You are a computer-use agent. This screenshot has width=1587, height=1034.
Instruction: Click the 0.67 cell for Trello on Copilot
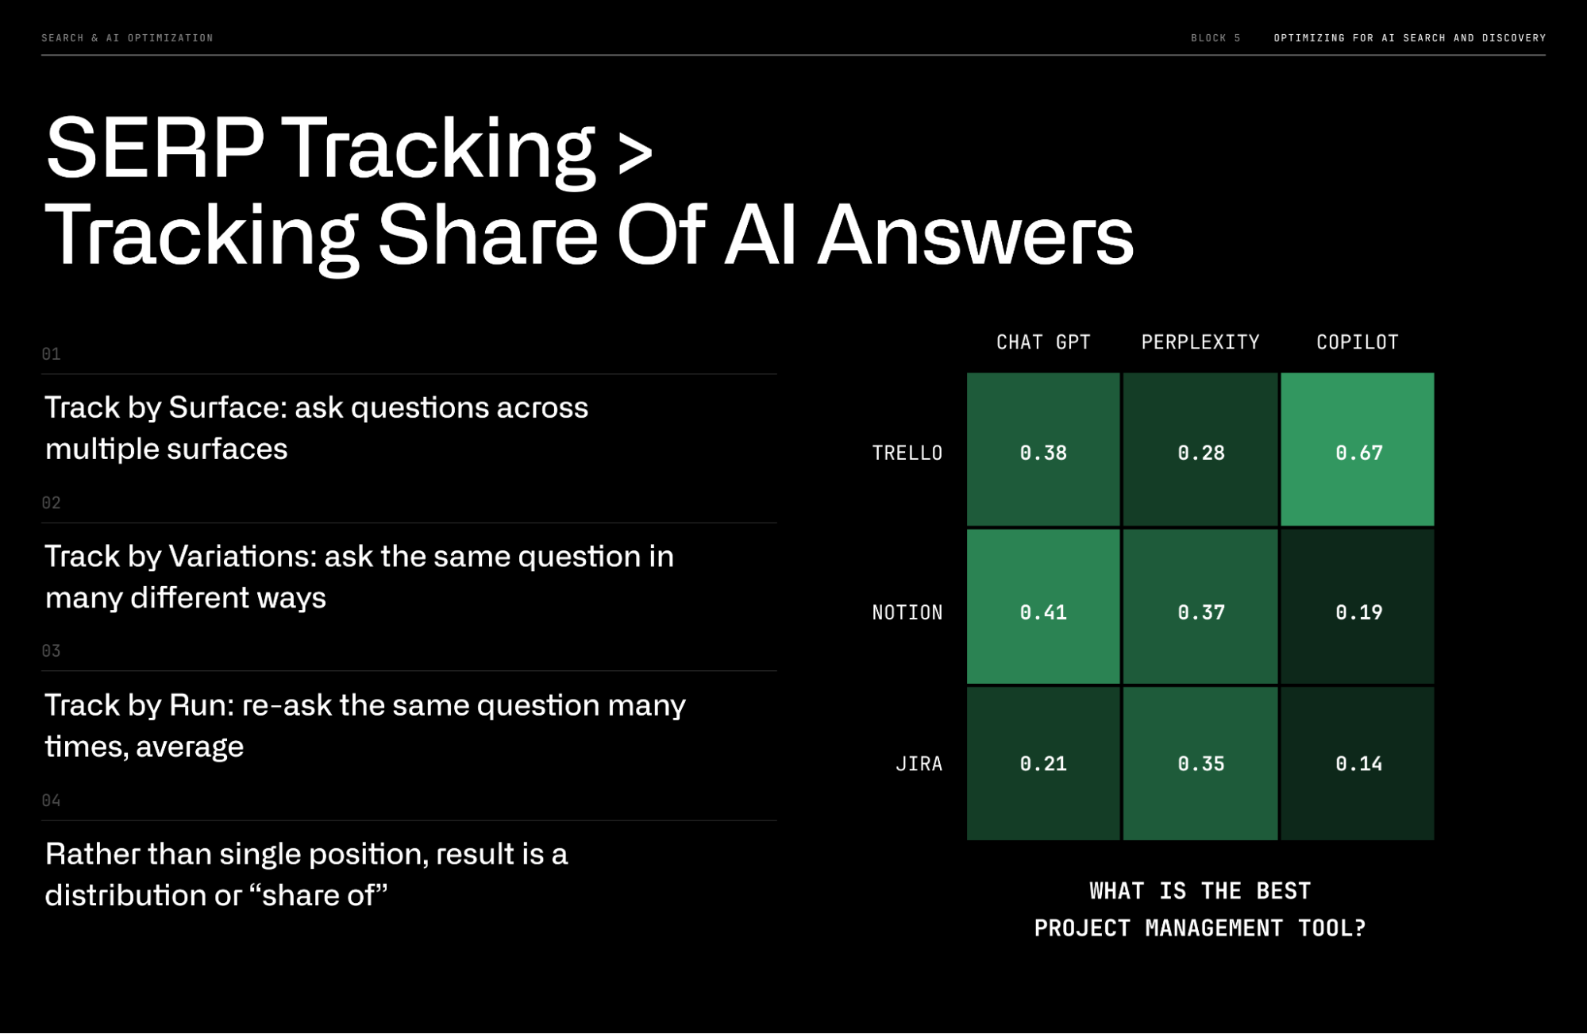[1358, 452]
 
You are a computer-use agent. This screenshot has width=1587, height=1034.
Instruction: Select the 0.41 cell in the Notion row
[1043, 612]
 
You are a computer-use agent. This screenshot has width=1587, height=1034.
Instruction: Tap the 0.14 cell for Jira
[1358, 763]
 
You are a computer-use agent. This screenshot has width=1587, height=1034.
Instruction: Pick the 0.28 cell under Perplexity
[1200, 452]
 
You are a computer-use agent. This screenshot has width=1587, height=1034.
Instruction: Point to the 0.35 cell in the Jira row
[1200, 763]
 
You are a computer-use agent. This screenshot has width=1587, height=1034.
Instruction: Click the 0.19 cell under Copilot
[1358, 612]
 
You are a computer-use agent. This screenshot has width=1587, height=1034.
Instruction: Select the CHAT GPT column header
[1043, 342]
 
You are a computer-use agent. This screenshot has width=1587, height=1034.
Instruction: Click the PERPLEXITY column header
[1200, 342]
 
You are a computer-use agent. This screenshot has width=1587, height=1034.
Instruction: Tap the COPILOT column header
[1357, 342]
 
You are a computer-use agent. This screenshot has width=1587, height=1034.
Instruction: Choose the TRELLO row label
[907, 453]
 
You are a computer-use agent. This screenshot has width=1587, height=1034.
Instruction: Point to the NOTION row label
[907, 612]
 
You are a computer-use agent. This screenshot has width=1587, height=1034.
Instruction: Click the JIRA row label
[919, 764]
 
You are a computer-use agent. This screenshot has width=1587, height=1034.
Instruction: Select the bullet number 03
[51, 651]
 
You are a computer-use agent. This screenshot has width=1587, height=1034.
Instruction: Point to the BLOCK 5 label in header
[1215, 38]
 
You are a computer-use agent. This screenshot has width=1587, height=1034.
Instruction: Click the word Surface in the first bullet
[226, 407]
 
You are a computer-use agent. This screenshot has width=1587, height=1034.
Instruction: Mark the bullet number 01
[51, 354]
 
